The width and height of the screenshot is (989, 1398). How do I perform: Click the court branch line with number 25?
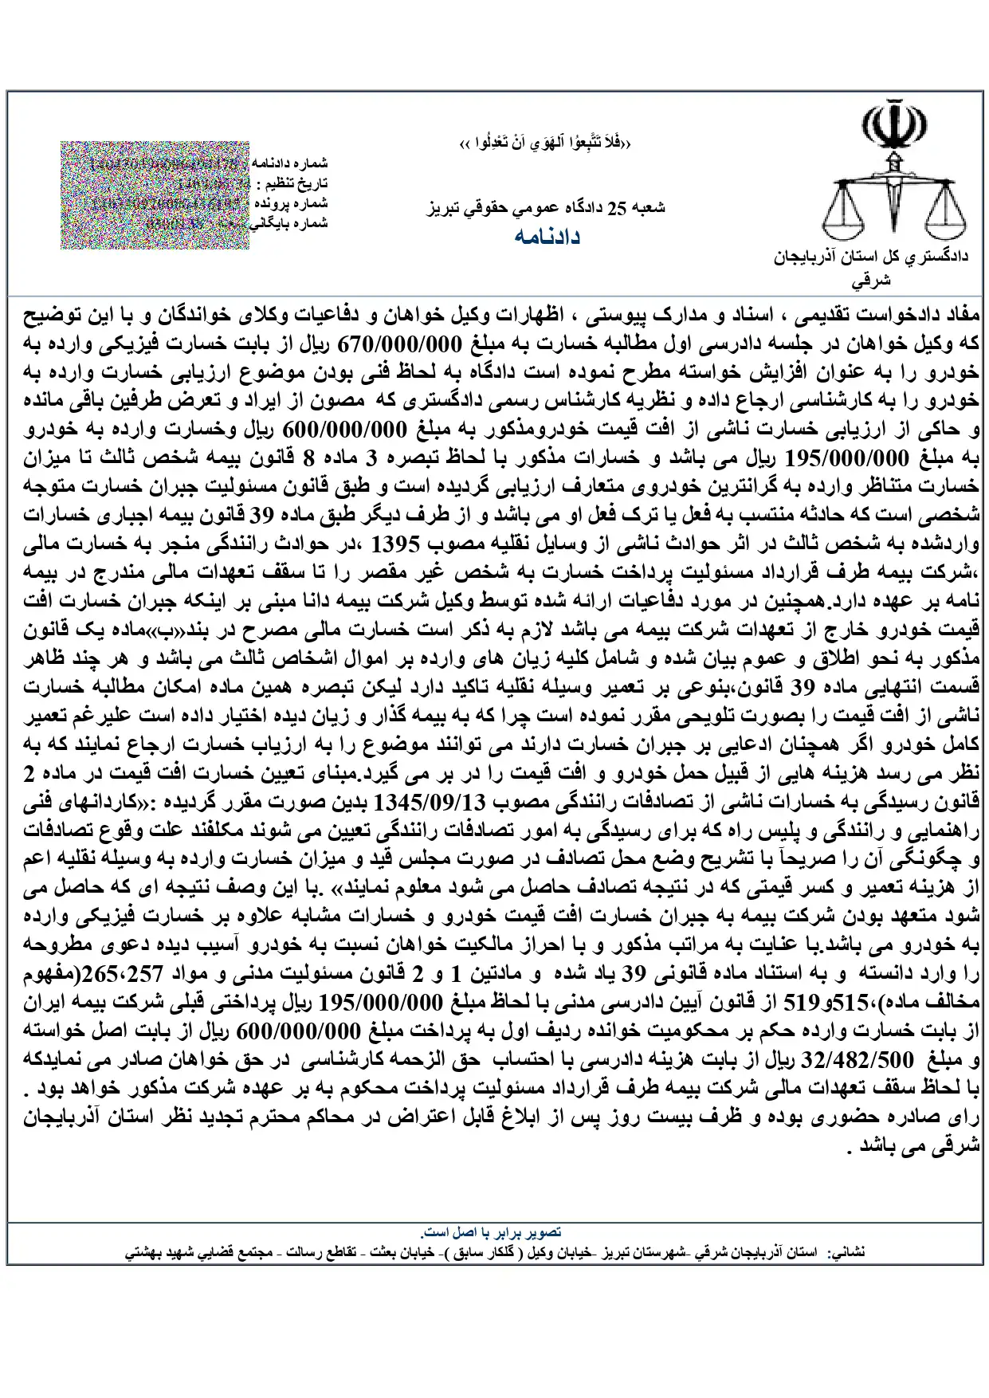click(547, 209)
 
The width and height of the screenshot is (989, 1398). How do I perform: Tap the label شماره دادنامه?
click(290, 163)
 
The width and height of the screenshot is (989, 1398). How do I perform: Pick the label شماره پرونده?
click(294, 203)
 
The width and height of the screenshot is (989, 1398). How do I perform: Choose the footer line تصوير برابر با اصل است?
click(494, 1231)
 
